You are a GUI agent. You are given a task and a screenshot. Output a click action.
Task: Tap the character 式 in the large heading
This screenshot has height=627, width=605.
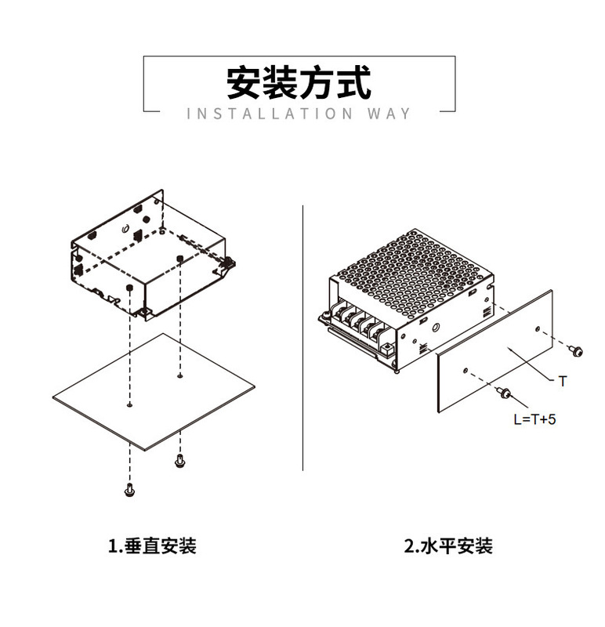click(x=354, y=82)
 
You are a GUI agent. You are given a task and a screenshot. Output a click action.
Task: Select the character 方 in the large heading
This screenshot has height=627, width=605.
click(x=317, y=82)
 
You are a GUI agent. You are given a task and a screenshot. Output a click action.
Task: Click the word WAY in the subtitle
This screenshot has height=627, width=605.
click(x=388, y=114)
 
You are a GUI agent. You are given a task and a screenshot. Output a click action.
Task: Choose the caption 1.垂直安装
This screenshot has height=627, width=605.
click(x=152, y=545)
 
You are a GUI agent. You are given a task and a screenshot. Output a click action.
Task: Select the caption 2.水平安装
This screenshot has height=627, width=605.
click(x=448, y=545)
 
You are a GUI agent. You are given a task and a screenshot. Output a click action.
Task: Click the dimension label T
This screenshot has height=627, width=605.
click(x=562, y=381)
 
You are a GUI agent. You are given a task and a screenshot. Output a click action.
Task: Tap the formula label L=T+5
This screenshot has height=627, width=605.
click(x=534, y=419)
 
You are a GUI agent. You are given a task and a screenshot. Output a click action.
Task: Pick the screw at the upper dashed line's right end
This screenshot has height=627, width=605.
click(x=577, y=352)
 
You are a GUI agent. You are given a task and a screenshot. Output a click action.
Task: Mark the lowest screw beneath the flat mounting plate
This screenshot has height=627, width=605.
click(x=129, y=491)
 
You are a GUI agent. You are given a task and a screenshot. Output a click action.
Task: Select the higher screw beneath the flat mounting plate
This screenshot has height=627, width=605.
click(x=179, y=461)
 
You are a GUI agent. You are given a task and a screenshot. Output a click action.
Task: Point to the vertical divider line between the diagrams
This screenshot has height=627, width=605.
click(x=302, y=337)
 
